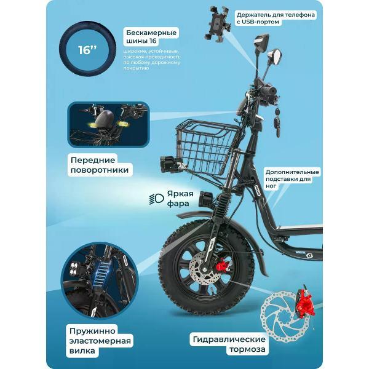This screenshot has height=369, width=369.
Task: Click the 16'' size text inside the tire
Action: point(87,50)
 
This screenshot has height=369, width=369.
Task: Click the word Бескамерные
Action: point(151,33)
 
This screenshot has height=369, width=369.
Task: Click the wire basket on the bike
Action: point(208,148)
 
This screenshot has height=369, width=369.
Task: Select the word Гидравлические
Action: point(229,339)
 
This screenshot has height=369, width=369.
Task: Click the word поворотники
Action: point(100,170)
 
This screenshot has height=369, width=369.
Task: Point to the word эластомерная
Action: point(100,341)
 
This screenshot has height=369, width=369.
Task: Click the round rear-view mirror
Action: point(275,56)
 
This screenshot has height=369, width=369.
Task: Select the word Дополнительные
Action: point(292,172)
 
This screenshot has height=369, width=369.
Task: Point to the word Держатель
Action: point(253,15)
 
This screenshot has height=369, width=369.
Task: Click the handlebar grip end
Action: point(272,90)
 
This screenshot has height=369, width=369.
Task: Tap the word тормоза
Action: point(247,349)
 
